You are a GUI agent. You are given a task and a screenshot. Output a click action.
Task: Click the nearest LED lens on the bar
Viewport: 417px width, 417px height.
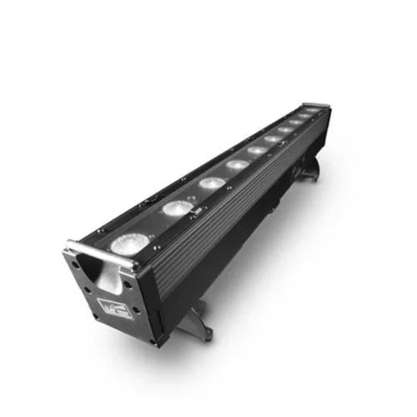point(129,244)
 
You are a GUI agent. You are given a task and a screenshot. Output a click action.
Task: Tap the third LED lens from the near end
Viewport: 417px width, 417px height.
point(210,183)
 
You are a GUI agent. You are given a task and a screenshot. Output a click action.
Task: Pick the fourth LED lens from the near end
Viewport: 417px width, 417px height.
point(238,164)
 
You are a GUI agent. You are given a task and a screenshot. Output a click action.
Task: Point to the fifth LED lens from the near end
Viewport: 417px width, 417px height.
point(258,149)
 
